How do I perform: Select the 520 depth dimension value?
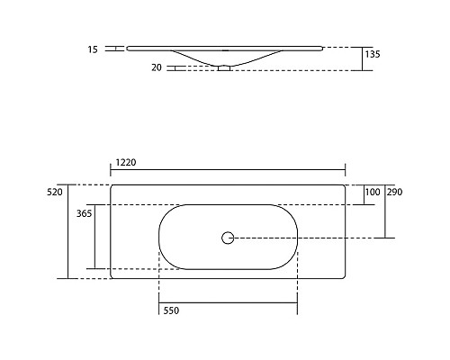(54, 193)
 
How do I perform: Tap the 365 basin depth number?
(85, 214)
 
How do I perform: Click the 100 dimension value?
(371, 193)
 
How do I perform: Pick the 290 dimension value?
(394, 193)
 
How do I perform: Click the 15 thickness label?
(94, 49)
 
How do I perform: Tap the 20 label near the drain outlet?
(157, 67)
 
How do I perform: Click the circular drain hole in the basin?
(227, 238)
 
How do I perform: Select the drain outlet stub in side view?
(224, 67)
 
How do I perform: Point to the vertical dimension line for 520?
(69, 231)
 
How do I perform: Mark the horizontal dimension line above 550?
(227, 301)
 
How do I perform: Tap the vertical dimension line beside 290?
(385, 211)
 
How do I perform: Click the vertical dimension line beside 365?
(94, 236)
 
